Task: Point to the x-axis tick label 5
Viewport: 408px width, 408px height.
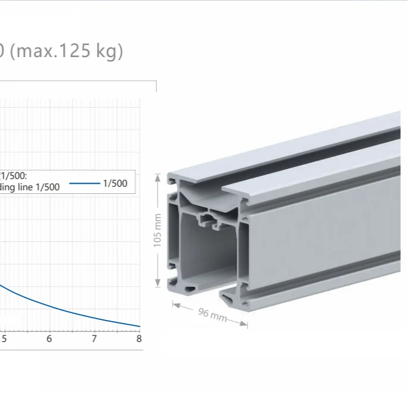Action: coord(4,339)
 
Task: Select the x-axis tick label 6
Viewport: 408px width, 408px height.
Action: coord(49,339)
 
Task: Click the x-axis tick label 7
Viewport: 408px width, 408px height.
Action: coord(94,339)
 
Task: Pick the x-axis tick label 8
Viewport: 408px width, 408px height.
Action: coord(139,339)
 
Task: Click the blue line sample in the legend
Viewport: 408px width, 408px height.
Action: coord(84,183)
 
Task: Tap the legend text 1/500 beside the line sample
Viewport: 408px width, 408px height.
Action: coord(115,183)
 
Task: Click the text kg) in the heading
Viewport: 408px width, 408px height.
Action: coord(103,51)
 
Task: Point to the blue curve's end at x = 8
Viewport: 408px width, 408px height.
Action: coord(139,326)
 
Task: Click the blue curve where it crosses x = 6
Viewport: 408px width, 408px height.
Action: coord(49,307)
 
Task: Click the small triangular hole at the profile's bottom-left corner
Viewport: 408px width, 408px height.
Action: coord(190,288)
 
